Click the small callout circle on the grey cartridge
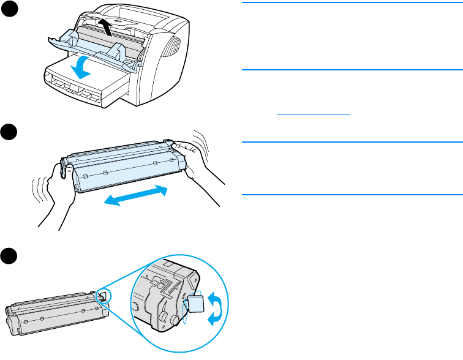pos(102,296)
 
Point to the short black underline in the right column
pos(314,114)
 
